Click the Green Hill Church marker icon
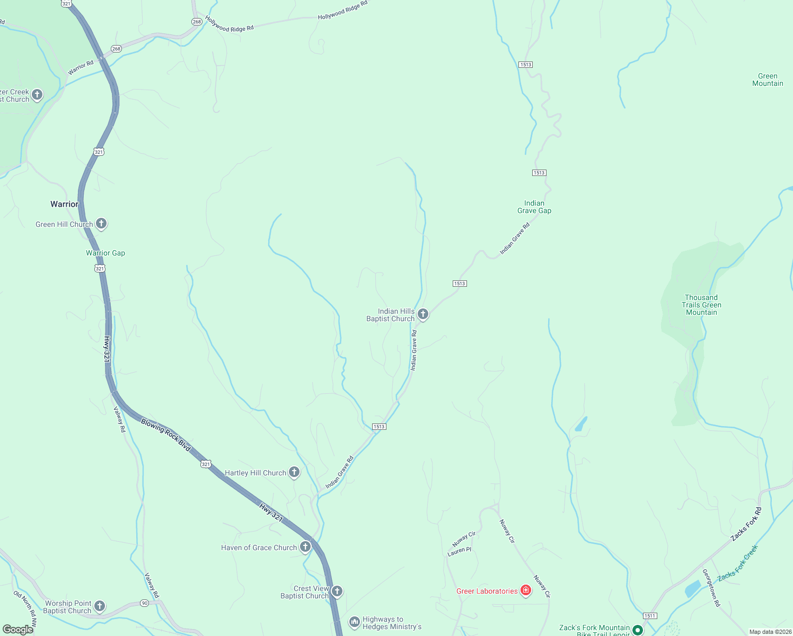click(101, 224)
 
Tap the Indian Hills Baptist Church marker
click(423, 314)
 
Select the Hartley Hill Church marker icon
click(294, 472)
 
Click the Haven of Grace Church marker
click(305, 547)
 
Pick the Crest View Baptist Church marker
click(337, 591)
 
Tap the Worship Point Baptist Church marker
click(100, 606)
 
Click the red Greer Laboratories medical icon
click(525, 590)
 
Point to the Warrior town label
click(64, 204)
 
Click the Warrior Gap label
click(105, 253)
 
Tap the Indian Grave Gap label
click(534, 207)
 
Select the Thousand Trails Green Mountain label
click(701, 305)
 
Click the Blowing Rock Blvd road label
click(165, 435)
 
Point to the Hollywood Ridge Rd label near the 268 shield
click(230, 24)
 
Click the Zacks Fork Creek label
click(738, 563)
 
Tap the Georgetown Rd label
click(711, 587)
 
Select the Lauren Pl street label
click(459, 551)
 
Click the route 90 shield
click(145, 603)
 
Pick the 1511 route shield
click(650, 615)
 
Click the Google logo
click(18, 630)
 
